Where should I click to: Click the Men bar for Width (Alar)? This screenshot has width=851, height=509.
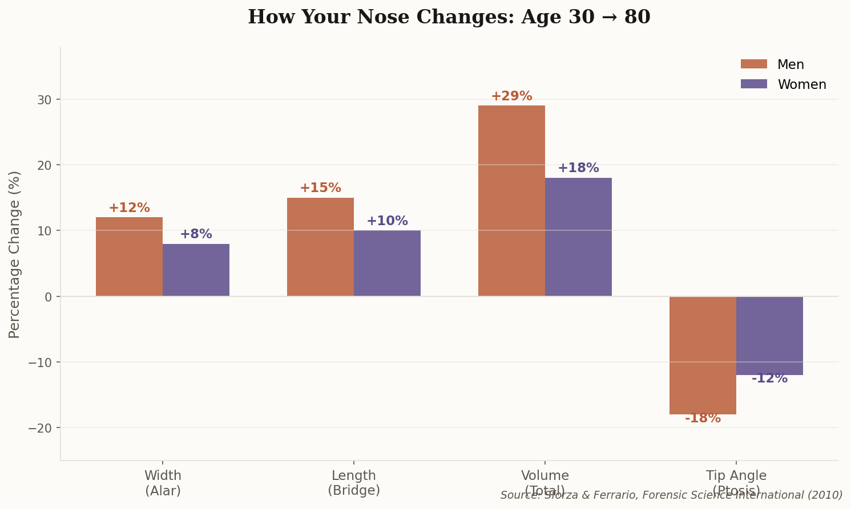click(x=129, y=256)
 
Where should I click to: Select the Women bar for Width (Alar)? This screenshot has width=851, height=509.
click(x=196, y=270)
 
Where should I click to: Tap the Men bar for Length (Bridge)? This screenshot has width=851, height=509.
click(x=320, y=247)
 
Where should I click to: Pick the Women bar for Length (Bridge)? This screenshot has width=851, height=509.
click(x=387, y=263)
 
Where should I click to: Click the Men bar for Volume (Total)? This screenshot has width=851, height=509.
click(x=511, y=201)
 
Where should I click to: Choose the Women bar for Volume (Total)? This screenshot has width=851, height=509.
click(x=578, y=237)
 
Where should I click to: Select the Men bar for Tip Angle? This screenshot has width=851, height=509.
click(x=703, y=355)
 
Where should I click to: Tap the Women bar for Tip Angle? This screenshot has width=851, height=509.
click(x=769, y=335)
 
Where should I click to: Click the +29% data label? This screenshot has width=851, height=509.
click(x=511, y=96)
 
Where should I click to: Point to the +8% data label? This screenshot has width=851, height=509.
click(x=196, y=234)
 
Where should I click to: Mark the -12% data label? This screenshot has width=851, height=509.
click(x=769, y=378)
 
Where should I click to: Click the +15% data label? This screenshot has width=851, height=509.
click(x=320, y=188)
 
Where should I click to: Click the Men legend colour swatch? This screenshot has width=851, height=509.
click(x=753, y=64)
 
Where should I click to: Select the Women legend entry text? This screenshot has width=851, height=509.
click(x=801, y=85)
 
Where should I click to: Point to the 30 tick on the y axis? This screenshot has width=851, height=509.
click(x=45, y=100)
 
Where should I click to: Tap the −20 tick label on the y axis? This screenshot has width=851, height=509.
click(x=40, y=428)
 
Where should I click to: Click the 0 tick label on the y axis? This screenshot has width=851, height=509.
click(x=48, y=297)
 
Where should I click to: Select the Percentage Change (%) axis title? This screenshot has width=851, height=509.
click(x=15, y=254)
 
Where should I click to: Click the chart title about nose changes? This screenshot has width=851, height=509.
click(x=449, y=17)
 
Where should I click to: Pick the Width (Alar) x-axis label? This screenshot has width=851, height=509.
click(x=163, y=483)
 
